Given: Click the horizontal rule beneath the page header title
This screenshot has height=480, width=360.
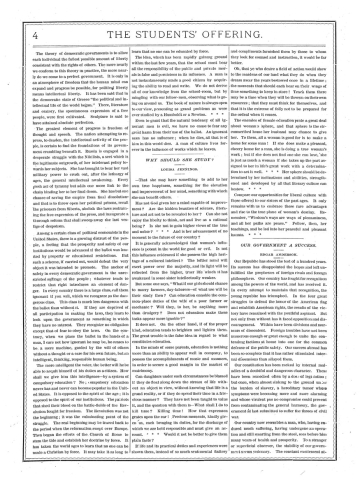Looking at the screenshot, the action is (x=180, y=24).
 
